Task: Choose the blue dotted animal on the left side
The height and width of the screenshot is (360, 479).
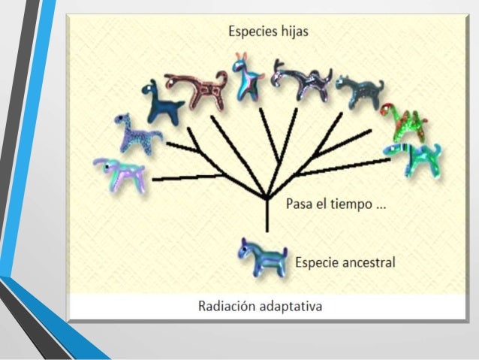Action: pos(137,133)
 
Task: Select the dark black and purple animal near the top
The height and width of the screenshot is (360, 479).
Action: pos(301,80)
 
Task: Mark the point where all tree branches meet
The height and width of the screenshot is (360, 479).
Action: pos(267,198)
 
